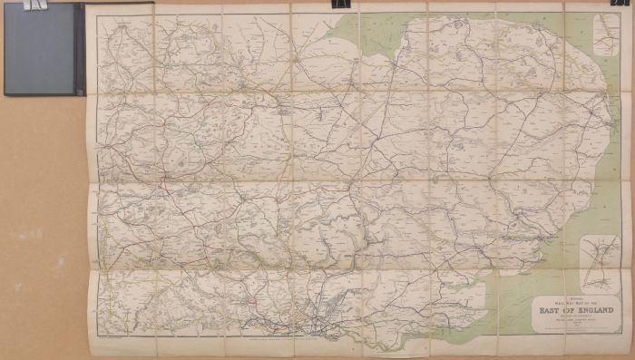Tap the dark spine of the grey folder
coord(80,50)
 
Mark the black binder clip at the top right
coord(621,3)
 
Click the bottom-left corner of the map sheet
coord(88,353)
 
